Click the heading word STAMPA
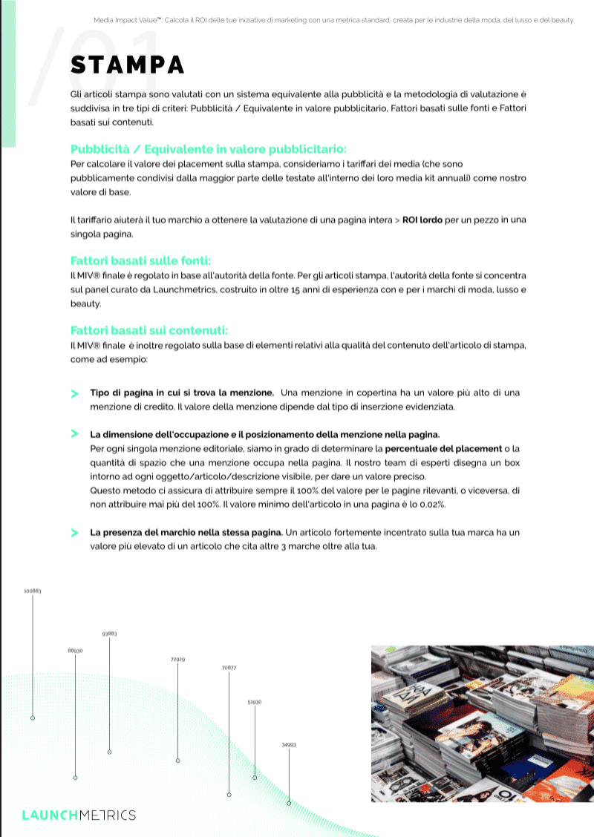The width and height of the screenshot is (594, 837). pos(127,65)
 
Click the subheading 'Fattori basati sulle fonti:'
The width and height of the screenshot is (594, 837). pos(141,260)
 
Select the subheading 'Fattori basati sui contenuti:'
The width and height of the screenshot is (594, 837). pos(149,330)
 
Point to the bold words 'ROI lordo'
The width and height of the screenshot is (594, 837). pos(422,220)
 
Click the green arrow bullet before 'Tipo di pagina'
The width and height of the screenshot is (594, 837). pos(74,393)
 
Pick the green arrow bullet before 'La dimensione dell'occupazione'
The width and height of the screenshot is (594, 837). pos(74,433)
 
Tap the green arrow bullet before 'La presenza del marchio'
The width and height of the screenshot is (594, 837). pos(74,533)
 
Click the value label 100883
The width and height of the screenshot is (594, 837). pos(32,591)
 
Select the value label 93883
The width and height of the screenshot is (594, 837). pos(109,634)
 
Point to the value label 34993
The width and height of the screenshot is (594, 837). pos(289,744)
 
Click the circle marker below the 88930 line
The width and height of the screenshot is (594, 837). pos(75,778)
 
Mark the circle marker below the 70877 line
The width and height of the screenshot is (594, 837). pos(229,795)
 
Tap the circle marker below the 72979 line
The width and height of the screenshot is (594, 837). pos(177,761)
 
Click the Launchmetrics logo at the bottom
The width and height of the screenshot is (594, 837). pos(79,815)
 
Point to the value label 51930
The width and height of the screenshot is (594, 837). pos(254,701)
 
